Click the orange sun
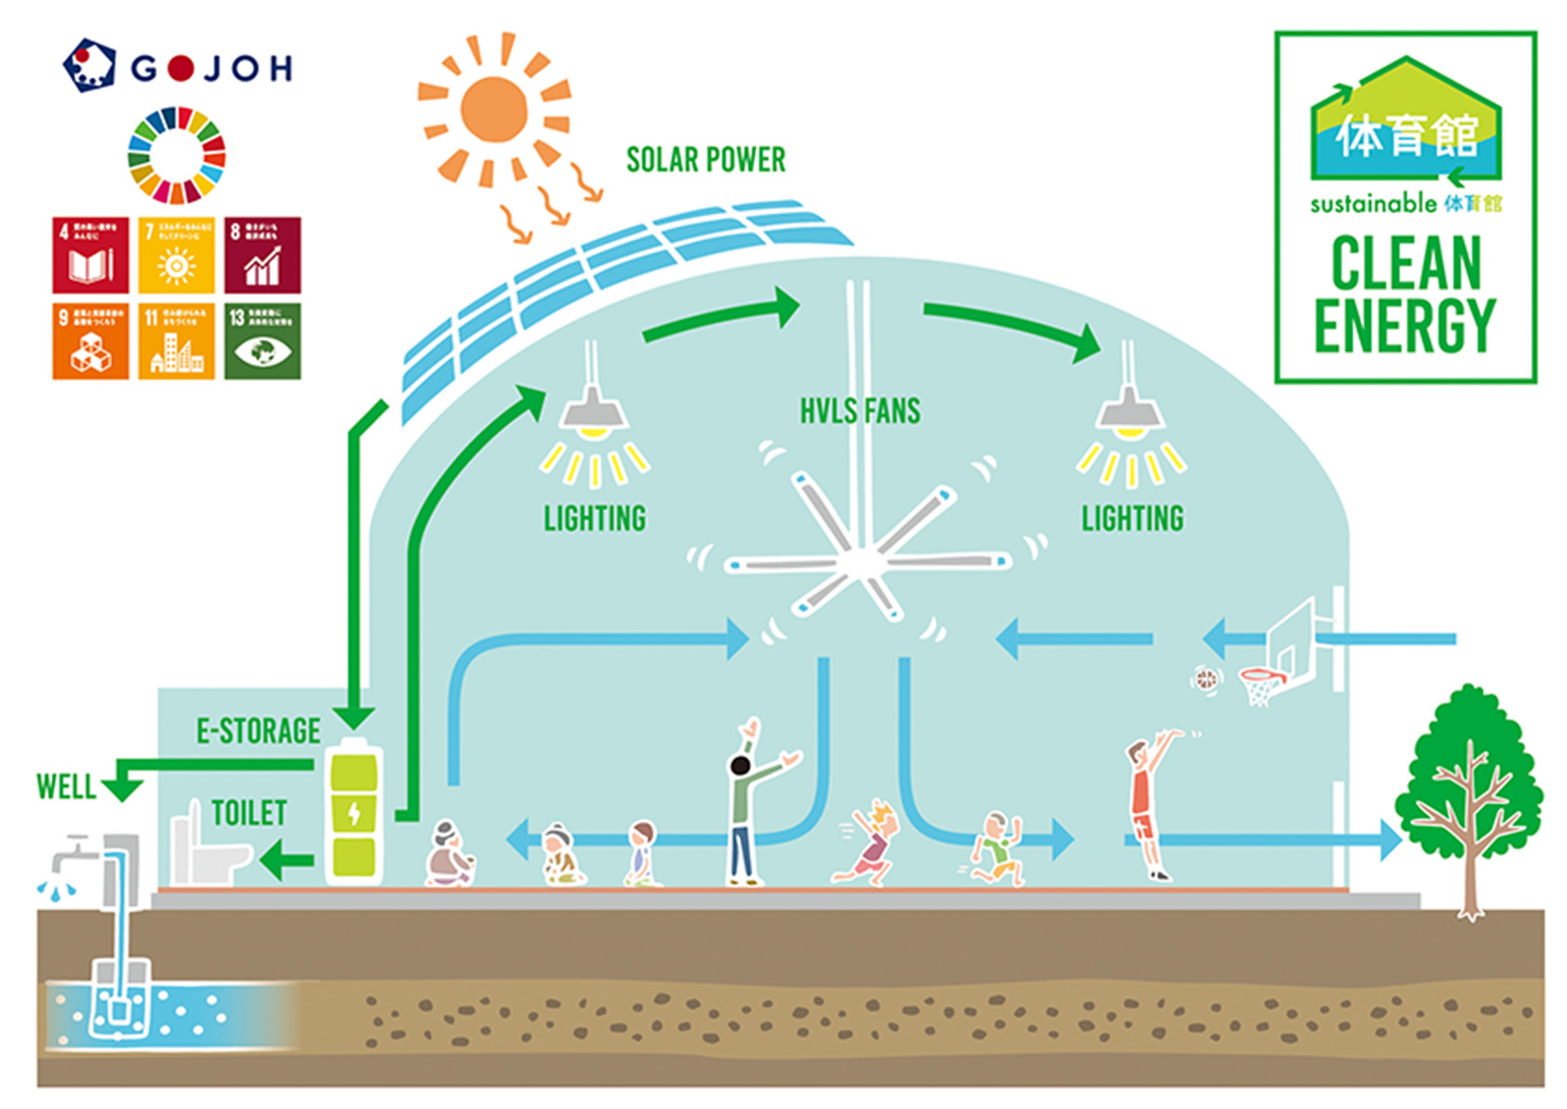(x=493, y=110)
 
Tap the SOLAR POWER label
(x=705, y=160)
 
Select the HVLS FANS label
(x=860, y=410)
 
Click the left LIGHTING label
(x=595, y=518)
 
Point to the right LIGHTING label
(x=1132, y=518)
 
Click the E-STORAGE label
(x=258, y=731)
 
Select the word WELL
(x=65, y=787)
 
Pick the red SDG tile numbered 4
(x=90, y=255)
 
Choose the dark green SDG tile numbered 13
(x=262, y=341)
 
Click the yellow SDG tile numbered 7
(x=176, y=255)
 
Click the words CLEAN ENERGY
(x=1404, y=293)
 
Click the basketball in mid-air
(x=1206, y=679)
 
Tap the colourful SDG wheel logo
(x=176, y=155)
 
